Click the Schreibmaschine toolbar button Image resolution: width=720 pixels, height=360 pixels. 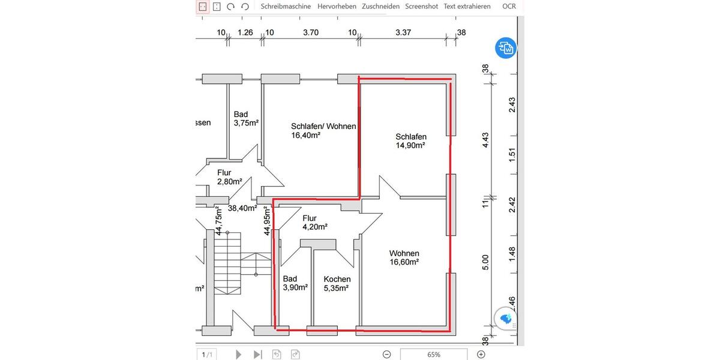click(x=286, y=7)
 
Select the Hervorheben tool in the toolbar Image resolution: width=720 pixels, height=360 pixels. click(x=337, y=7)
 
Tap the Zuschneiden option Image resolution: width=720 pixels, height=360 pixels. click(x=380, y=7)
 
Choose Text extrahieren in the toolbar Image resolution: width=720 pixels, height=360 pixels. click(x=467, y=7)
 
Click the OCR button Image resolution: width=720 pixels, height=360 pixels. click(x=509, y=7)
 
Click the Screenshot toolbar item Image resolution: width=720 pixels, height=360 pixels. click(x=421, y=7)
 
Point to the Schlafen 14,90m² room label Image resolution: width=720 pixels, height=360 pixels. click(x=410, y=141)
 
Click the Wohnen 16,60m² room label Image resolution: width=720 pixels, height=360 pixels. click(x=404, y=257)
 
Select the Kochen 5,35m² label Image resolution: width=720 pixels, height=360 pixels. click(x=337, y=284)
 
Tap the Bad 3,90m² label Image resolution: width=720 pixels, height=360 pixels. click(x=295, y=283)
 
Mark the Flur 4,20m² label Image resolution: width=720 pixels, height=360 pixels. click(x=314, y=223)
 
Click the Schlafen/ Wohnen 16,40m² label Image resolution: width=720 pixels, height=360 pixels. click(x=323, y=131)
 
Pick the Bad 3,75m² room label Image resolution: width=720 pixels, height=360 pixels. click(x=245, y=119)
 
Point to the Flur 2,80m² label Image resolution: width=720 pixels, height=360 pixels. click(x=229, y=177)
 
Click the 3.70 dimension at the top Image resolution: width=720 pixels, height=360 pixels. click(x=311, y=32)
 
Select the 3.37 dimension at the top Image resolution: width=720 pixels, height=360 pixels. click(x=403, y=32)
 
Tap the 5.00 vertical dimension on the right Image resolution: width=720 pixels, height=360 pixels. click(x=486, y=262)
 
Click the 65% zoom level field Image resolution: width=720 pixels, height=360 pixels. click(x=433, y=355)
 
